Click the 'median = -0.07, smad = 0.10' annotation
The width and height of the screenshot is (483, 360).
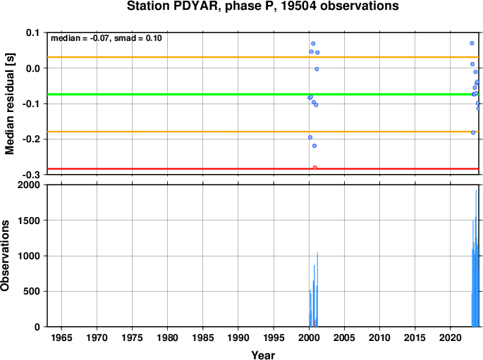point(106,38)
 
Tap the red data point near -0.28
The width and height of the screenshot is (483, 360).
point(314,168)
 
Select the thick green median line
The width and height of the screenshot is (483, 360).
point(263,94)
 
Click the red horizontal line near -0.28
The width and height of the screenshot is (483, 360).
point(263,168)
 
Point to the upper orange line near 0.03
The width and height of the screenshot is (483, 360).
point(263,57)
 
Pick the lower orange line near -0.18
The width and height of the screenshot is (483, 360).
point(263,132)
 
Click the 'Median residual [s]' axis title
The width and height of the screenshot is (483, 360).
point(10,104)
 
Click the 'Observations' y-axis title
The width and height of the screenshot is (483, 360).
point(5,256)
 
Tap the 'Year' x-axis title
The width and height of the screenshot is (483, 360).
point(263,355)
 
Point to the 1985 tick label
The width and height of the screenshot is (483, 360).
point(202,338)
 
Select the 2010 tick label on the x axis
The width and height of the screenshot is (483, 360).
point(379,338)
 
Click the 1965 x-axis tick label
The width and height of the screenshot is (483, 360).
point(61,338)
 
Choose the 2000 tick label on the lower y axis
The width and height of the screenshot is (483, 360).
point(30,185)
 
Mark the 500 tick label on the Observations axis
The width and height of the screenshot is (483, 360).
point(32,291)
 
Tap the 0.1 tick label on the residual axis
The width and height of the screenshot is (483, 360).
point(33,32)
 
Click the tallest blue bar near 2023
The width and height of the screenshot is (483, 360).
point(476,258)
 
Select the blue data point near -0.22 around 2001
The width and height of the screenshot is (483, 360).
point(314,146)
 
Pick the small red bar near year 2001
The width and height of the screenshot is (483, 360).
point(314,323)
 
